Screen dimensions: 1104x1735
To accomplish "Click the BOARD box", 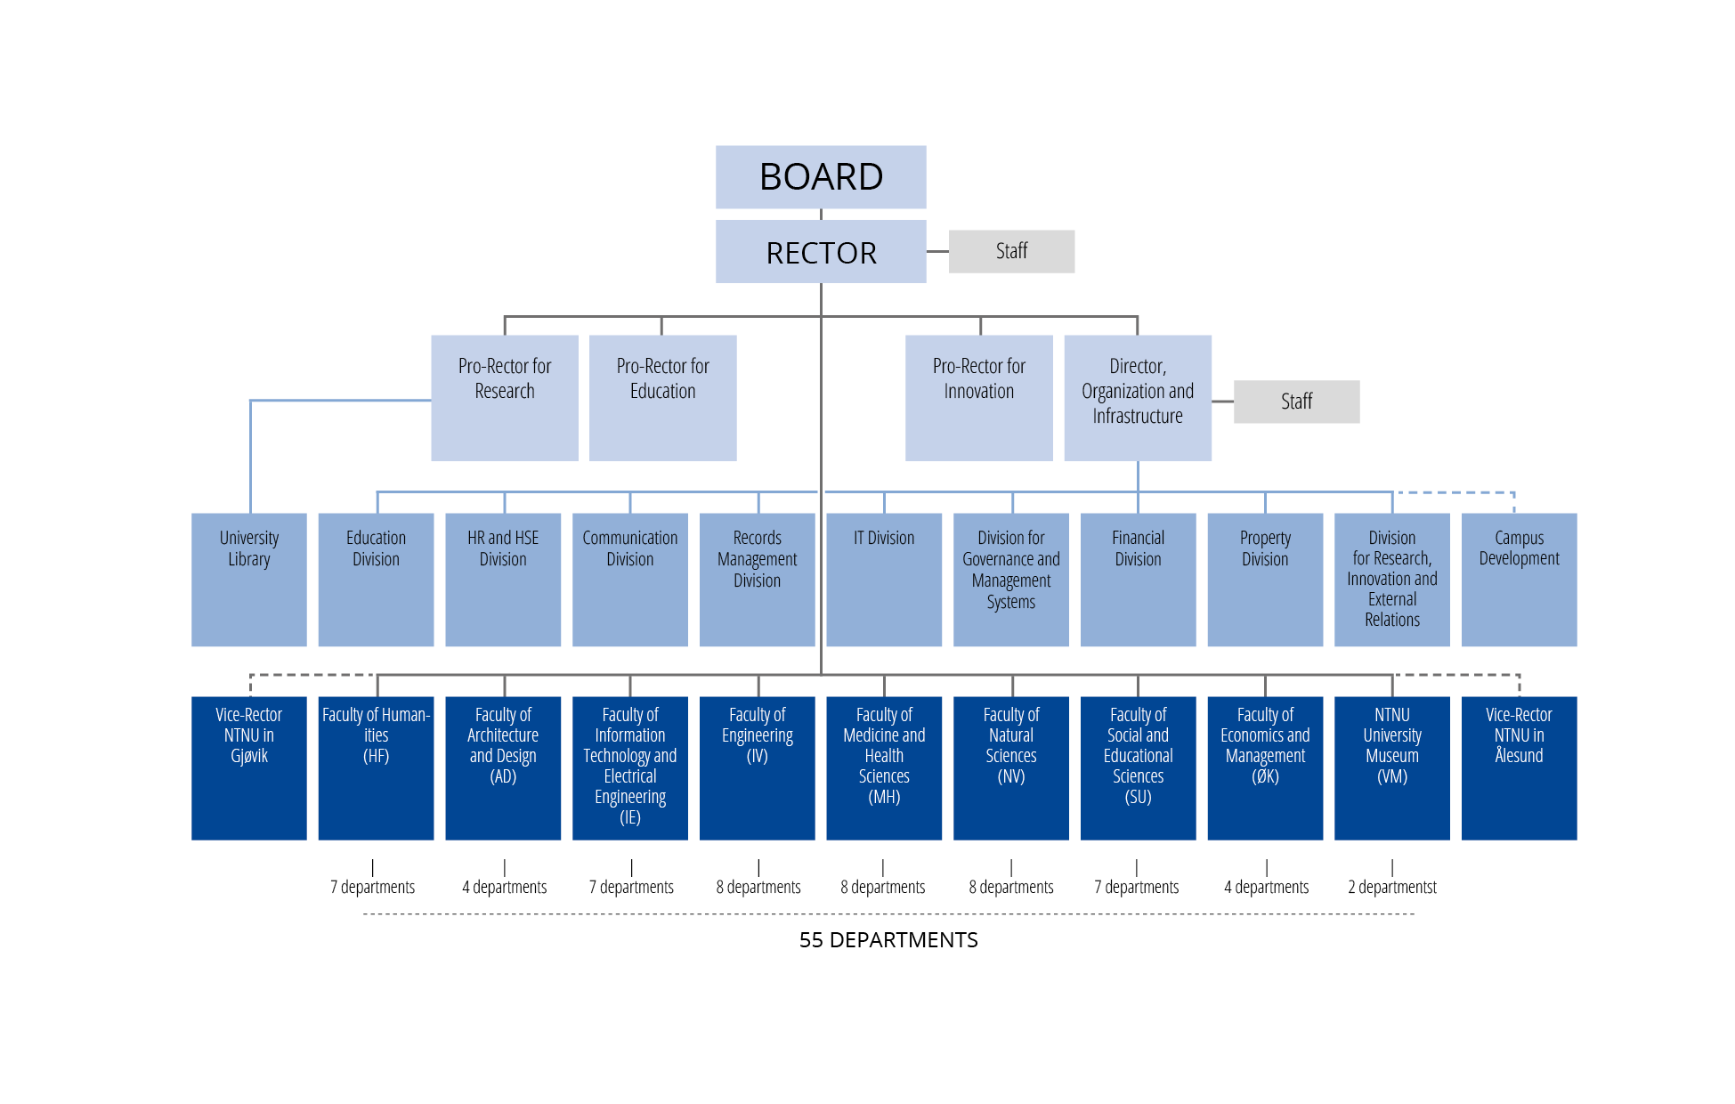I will tap(820, 177).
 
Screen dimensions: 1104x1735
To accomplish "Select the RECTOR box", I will tap(820, 252).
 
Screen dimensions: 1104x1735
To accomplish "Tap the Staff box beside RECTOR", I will tap(1011, 251).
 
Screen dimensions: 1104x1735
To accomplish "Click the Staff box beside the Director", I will tap(1296, 402).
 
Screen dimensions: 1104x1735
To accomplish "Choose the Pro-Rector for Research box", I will tap(504, 397).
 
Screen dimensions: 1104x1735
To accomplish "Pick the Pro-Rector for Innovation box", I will tap(978, 397).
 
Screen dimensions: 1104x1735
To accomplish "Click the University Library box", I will tap(248, 579).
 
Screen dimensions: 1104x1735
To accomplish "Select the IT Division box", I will tap(883, 579).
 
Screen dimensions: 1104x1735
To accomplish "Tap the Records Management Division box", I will tap(757, 579).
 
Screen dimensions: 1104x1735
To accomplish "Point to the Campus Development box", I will tap(1519, 579).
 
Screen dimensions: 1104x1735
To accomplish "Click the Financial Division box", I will tap(1138, 579).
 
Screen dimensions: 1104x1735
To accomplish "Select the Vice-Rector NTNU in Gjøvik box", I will tap(248, 767).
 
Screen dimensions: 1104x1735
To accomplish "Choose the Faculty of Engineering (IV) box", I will tap(757, 767).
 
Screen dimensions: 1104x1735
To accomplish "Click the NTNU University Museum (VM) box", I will tap(1391, 767).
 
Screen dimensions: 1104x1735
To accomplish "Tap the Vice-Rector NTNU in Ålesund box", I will tap(1519, 767).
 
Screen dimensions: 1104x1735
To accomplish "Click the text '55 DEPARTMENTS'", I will tap(888, 940).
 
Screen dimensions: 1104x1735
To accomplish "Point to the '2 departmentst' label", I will tap(1391, 887).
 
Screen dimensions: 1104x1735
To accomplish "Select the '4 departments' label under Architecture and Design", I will tap(504, 887).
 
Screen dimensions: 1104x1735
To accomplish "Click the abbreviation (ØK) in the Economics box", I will tap(1265, 776).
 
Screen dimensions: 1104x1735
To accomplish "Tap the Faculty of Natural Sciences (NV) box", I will tap(1010, 767).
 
